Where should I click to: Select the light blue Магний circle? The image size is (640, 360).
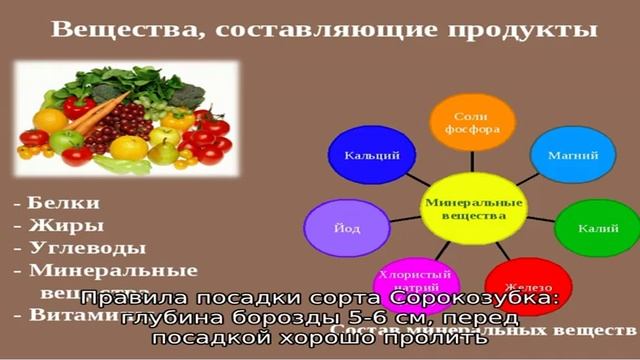572,156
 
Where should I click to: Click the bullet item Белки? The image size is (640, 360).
61,202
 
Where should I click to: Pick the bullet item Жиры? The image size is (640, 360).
58,225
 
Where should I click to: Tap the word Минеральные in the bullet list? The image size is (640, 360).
113,271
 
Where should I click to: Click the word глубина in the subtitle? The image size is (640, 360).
170,319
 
